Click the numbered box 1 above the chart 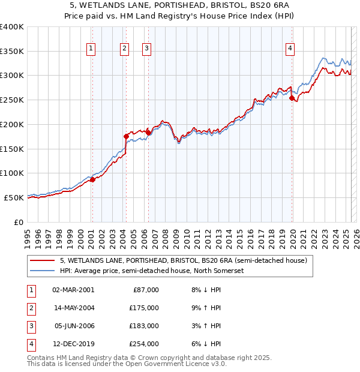(x=91, y=49)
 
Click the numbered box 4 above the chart (x=290, y=49)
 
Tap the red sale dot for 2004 (x=126, y=136)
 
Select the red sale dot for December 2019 (x=292, y=98)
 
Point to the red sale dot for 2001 (x=92, y=179)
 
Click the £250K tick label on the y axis (x=12, y=100)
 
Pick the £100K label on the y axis (x=12, y=173)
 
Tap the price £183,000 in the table (x=144, y=326)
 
